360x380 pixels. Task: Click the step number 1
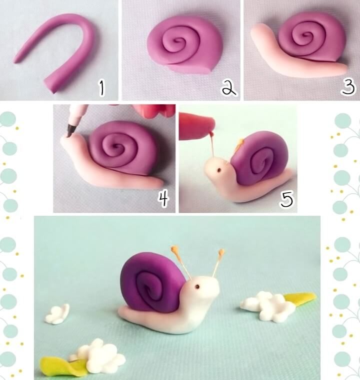102,88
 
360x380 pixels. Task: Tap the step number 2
229,88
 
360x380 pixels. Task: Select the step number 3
347,88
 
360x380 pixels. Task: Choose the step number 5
286,199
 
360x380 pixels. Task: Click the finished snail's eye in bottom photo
197,287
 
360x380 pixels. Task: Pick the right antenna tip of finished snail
221,252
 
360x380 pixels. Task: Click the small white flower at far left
57,314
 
